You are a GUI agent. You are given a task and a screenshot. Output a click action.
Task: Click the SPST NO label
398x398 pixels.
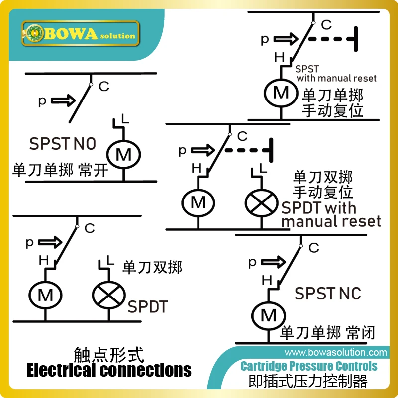[x=62, y=144]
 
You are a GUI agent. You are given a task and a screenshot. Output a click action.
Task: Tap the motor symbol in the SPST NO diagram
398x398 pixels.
[x=123, y=155]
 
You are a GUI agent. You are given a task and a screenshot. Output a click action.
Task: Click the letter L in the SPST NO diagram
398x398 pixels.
[x=126, y=119]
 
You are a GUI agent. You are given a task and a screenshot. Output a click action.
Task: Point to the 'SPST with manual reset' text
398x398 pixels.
[x=336, y=74]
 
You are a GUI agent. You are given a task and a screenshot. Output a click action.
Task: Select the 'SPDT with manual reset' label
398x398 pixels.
[x=331, y=214]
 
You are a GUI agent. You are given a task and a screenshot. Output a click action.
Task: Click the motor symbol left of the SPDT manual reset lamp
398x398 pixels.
[x=198, y=202]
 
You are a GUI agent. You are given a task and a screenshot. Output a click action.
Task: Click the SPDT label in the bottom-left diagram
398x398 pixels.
[x=147, y=306]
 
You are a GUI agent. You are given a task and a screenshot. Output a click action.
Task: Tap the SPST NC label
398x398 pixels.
[x=327, y=293]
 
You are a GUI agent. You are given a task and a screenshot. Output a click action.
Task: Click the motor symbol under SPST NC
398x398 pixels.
[x=268, y=314]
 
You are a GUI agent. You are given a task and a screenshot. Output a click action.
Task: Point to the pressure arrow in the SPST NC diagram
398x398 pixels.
[x=271, y=262]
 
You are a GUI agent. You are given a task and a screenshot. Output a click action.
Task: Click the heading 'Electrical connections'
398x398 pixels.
[x=108, y=370]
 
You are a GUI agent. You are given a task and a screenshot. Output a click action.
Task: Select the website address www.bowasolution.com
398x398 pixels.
[x=333, y=352]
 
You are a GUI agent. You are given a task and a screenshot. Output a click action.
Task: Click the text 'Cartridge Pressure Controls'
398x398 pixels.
[x=308, y=367]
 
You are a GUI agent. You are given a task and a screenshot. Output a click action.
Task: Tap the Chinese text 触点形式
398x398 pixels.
[x=108, y=355]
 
